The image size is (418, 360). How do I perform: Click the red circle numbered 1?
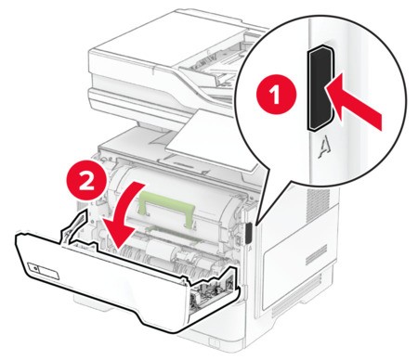277,94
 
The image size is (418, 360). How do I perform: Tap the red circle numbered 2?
87,181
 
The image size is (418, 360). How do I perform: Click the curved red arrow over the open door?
123,216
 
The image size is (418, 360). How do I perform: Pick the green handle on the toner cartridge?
167,207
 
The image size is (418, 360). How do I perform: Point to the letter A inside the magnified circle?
323,148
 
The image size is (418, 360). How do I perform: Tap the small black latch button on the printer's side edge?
249,233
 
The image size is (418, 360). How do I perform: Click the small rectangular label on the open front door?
43,271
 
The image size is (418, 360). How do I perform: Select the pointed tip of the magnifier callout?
255,224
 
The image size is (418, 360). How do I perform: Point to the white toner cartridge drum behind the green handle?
174,198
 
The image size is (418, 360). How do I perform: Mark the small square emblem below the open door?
214,342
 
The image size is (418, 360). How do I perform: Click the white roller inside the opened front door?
161,249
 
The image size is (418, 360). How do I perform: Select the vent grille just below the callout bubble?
315,205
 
